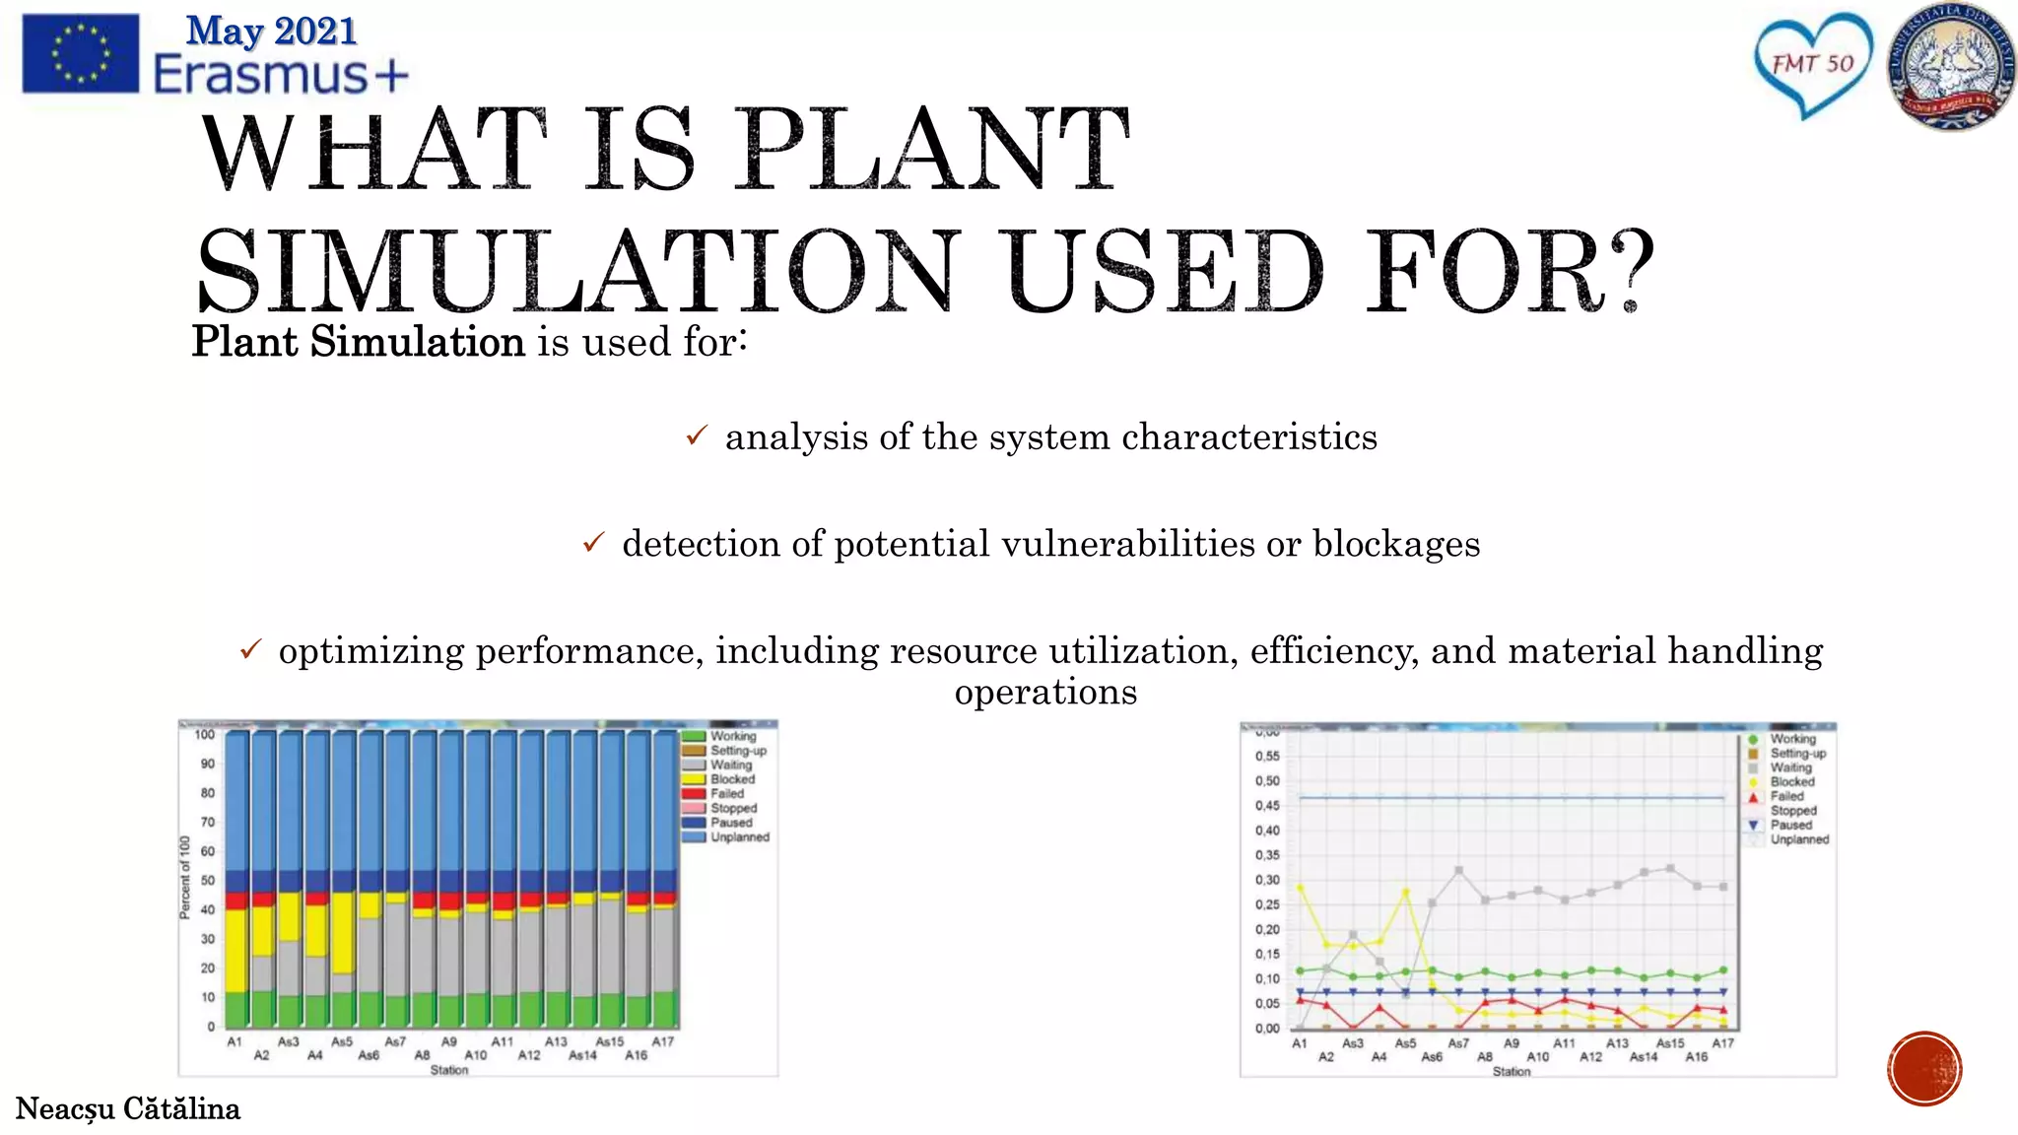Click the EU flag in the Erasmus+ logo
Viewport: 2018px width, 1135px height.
tap(80, 53)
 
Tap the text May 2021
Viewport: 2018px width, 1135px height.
tap(271, 31)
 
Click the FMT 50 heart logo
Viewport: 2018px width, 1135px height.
tap(1812, 65)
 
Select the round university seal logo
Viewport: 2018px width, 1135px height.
tap(1951, 67)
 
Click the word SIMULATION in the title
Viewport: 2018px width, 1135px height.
tap(578, 271)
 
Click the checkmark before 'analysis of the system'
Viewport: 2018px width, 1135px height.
tap(697, 434)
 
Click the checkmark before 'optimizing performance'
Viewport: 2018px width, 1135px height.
tap(250, 649)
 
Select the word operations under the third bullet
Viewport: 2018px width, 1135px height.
tap(1045, 692)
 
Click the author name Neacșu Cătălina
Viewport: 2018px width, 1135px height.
tap(128, 1109)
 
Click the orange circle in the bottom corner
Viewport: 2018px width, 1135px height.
tap(1924, 1069)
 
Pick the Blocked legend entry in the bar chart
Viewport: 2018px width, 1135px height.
tap(732, 779)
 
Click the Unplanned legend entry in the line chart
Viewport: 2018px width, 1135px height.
tap(1798, 839)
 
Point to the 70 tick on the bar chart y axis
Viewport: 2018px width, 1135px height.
tap(208, 822)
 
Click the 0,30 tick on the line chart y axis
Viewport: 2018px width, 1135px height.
tap(1267, 880)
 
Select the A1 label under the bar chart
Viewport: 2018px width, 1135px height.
tap(235, 1041)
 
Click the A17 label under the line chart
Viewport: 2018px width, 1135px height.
tap(1722, 1043)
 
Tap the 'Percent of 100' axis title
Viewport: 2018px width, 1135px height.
tap(184, 878)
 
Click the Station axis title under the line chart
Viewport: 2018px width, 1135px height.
tap(1511, 1071)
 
